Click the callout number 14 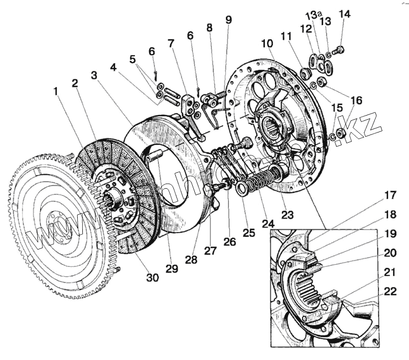[345, 14]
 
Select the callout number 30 [152, 278]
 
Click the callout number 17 [390, 195]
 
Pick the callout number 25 [248, 234]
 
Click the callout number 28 [191, 260]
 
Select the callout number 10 [266, 44]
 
